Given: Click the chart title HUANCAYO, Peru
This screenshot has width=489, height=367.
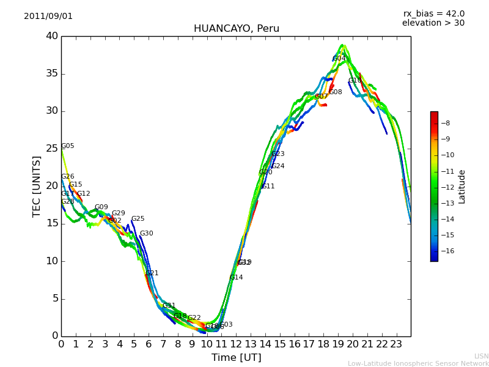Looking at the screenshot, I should [x=236, y=29].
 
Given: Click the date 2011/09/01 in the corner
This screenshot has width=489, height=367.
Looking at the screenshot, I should [x=48, y=17].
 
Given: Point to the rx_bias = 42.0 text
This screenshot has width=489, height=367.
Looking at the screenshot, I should [x=433, y=14].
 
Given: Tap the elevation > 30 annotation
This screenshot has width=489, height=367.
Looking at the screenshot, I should [x=433, y=23].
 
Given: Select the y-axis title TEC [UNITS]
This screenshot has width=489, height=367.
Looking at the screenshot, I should [x=37, y=186].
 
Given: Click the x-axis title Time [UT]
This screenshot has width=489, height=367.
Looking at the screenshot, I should [x=236, y=358].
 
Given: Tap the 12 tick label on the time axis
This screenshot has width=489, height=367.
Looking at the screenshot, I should [x=236, y=344].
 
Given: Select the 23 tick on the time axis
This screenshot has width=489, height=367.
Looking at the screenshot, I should [x=396, y=344].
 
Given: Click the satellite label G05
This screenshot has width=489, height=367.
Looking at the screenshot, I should [x=67, y=146].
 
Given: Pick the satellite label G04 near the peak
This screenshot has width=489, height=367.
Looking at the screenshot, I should [x=339, y=59].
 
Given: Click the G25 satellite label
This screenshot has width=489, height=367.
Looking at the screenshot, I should [x=138, y=219].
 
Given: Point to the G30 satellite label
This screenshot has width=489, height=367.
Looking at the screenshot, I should [x=146, y=234].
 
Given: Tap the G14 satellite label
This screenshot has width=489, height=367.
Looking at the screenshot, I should [x=236, y=278].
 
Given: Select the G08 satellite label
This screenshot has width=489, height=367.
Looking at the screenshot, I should [x=336, y=92].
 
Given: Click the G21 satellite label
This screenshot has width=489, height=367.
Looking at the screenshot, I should [x=152, y=273].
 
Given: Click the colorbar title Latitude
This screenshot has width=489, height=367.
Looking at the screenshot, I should [x=462, y=187].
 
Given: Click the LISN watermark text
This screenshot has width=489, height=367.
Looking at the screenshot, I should [x=481, y=356].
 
